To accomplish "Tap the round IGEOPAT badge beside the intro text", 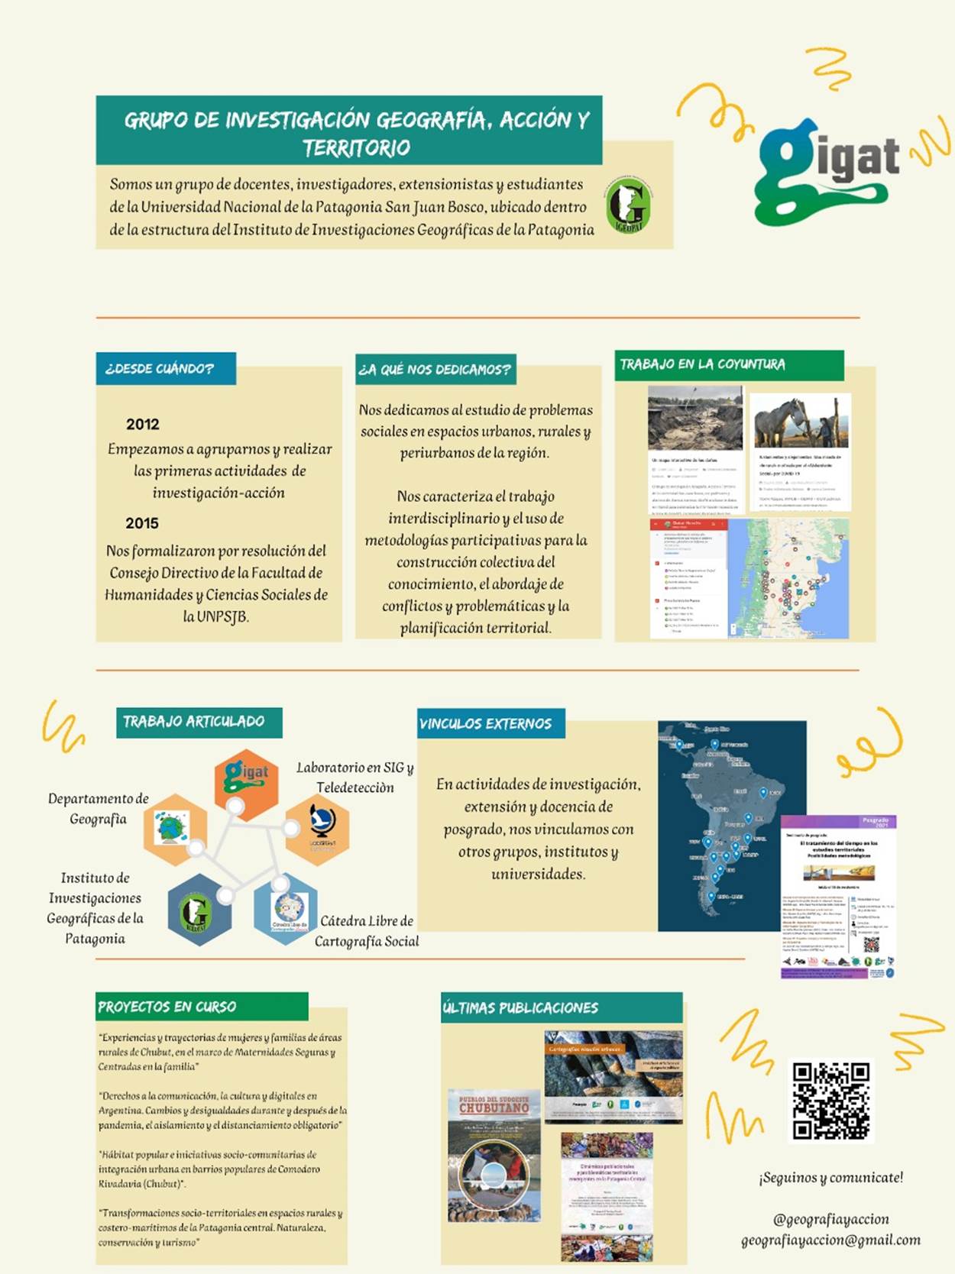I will pyautogui.click(x=629, y=205).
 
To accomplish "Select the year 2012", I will pyautogui.click(x=143, y=424).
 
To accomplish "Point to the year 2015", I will pyautogui.click(x=142, y=523).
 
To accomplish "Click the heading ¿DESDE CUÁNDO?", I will pyautogui.click(x=160, y=369).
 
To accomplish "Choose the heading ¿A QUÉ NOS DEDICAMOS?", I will pyautogui.click(x=435, y=370).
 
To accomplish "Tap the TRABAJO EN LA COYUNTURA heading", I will pyautogui.click(x=702, y=364).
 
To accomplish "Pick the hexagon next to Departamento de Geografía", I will pyautogui.click(x=173, y=828).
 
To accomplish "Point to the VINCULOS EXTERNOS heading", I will pyautogui.click(x=486, y=723).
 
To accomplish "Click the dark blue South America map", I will pyautogui.click(x=731, y=825).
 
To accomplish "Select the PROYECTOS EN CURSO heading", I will pyautogui.click(x=167, y=1007).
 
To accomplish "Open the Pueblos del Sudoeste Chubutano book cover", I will pyautogui.click(x=494, y=1155).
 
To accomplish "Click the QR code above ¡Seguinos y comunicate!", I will pyautogui.click(x=830, y=1100).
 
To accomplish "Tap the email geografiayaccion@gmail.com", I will pyautogui.click(x=830, y=1240).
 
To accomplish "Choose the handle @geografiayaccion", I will pyautogui.click(x=830, y=1219).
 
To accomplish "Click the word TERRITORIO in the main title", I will pyautogui.click(x=356, y=147).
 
